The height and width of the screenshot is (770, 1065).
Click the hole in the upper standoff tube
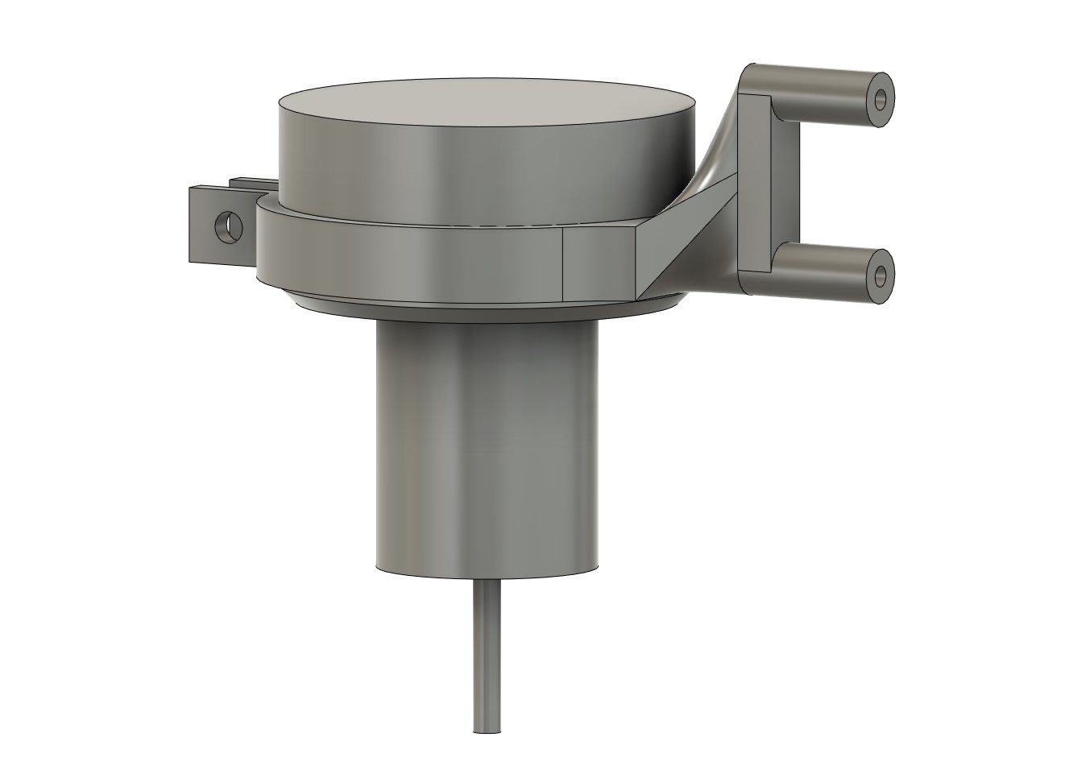[x=881, y=100]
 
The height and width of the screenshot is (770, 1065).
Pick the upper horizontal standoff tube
[x=822, y=85]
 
